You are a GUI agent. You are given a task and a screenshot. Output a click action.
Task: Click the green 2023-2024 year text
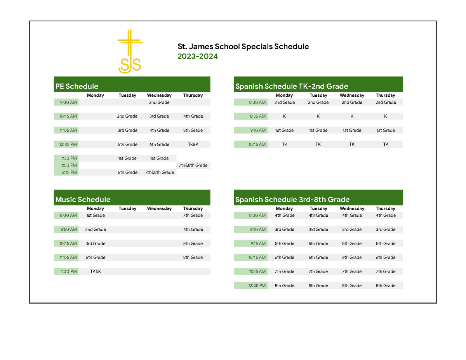click(x=198, y=57)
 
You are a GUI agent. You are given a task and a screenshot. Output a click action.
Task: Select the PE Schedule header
click(x=77, y=86)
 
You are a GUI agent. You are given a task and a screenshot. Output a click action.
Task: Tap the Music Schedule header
click(x=83, y=200)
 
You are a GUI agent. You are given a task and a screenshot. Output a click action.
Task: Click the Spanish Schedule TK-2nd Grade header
click(x=291, y=86)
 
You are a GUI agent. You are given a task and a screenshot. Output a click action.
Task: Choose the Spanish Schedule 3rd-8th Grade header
click(x=292, y=200)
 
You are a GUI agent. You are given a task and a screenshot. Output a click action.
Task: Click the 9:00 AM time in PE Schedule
click(x=68, y=103)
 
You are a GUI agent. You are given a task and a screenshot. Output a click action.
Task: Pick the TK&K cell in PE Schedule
click(x=193, y=144)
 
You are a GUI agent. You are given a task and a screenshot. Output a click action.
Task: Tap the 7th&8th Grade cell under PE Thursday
click(x=193, y=165)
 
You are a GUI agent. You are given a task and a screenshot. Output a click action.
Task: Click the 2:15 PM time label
click(x=69, y=172)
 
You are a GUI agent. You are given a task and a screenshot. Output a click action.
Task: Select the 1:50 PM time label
click(x=69, y=165)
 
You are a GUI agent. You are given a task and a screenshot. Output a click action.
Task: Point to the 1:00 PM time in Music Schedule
click(x=69, y=271)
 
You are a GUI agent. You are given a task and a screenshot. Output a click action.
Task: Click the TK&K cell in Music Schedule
click(x=96, y=271)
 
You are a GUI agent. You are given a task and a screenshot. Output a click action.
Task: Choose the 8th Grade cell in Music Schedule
click(x=193, y=257)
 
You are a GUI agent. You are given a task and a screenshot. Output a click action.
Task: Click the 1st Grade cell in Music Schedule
click(x=96, y=216)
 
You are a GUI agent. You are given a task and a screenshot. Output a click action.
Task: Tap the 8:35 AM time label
click(x=258, y=116)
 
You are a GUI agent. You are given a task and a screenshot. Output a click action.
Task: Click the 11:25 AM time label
click(x=257, y=271)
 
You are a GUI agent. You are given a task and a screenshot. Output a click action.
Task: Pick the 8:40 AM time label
click(x=257, y=230)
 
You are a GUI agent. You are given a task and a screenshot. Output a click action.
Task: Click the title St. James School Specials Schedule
click(x=243, y=47)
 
